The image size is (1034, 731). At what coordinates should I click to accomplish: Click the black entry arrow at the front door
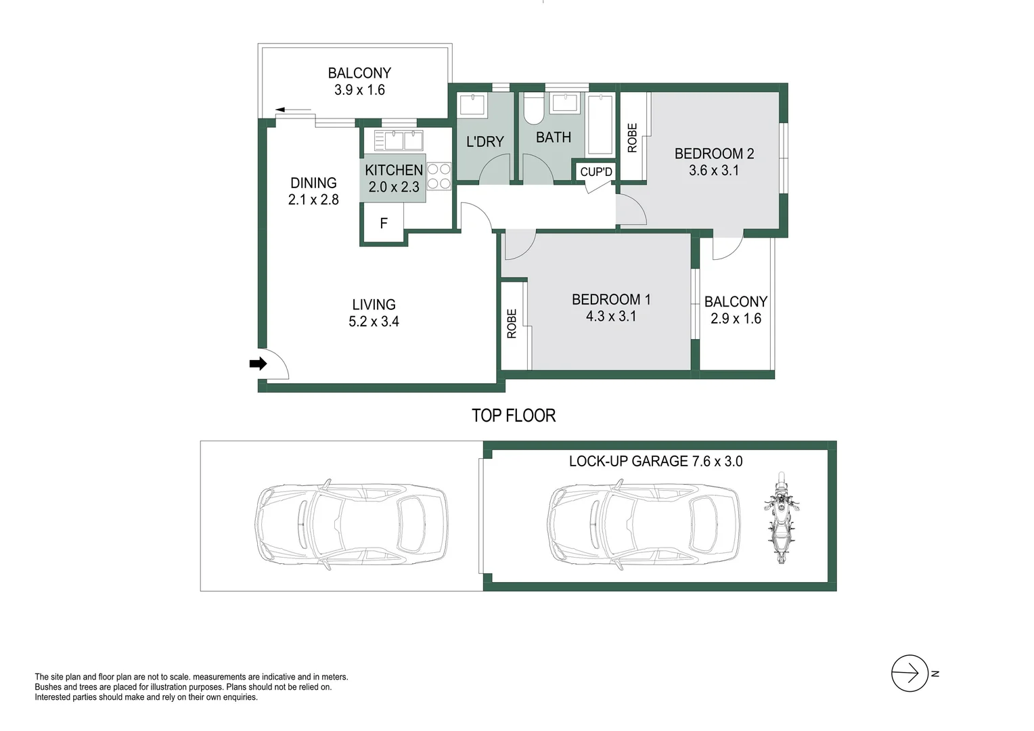258,364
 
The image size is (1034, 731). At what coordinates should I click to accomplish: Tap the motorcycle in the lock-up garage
781,518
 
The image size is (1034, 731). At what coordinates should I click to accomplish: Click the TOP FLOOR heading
514,416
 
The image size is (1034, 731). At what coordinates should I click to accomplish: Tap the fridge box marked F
384,223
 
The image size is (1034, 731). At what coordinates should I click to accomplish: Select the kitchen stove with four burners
439,176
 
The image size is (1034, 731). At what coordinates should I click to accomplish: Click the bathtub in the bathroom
600,125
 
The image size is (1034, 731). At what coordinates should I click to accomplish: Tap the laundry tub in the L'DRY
472,105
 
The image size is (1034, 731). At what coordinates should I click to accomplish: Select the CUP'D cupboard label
596,172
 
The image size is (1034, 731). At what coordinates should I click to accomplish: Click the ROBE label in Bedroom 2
633,137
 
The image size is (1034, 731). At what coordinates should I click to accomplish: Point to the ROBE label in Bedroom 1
512,324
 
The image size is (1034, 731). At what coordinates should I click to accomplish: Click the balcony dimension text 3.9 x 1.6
359,90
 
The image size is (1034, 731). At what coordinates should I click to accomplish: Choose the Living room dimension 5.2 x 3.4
374,322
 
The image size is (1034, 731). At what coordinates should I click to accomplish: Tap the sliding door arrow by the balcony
293,110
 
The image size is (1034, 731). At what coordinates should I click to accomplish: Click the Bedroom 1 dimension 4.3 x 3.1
610,316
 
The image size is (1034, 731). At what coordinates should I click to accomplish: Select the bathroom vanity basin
564,103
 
